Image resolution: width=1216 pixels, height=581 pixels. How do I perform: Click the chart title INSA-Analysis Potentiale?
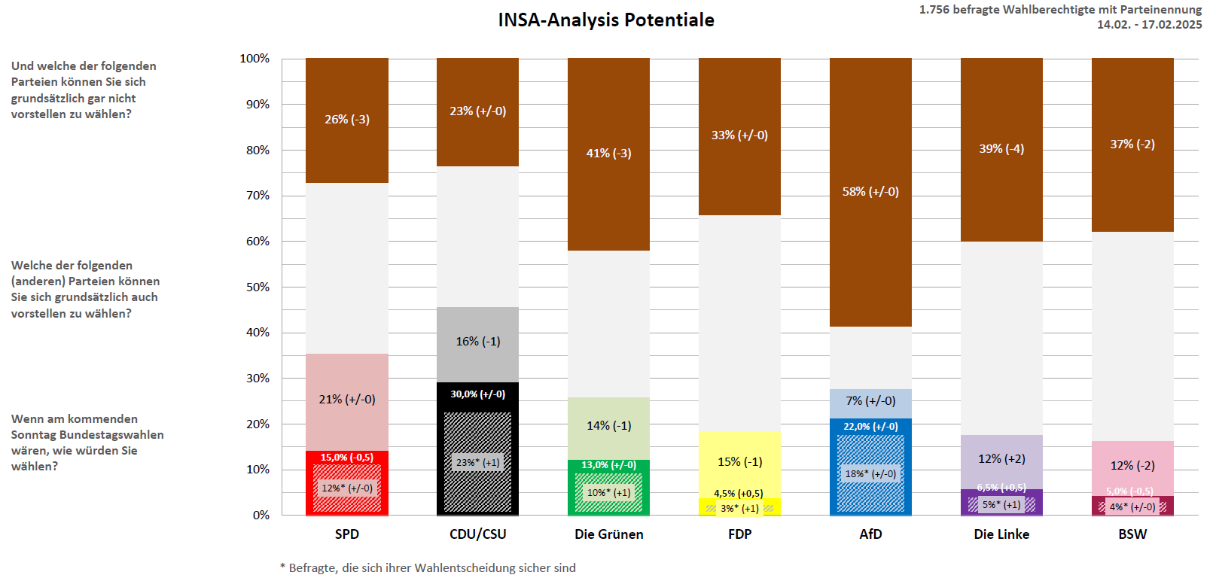[x=606, y=20]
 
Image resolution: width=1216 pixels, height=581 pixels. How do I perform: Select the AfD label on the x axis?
[x=870, y=534]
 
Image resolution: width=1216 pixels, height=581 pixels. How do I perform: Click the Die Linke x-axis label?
[x=1001, y=534]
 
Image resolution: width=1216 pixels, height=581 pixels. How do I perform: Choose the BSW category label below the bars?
[x=1132, y=534]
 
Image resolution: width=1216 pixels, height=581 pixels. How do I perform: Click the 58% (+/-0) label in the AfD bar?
[x=870, y=192]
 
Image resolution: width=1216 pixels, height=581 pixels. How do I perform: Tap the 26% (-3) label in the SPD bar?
[x=347, y=120]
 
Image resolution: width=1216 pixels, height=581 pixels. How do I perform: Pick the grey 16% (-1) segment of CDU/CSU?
[x=478, y=342]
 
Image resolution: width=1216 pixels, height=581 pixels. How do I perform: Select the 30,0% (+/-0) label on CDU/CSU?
[x=478, y=394]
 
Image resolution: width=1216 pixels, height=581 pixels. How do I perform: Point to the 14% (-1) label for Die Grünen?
[x=609, y=426]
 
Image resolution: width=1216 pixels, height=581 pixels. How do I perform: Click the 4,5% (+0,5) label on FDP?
[x=739, y=494]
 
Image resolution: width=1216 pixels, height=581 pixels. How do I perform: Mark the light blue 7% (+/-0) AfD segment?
[x=870, y=401]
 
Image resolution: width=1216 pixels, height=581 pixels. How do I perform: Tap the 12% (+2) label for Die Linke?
[x=1001, y=459]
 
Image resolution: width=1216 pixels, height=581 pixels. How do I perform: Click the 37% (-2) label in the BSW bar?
[x=1132, y=144]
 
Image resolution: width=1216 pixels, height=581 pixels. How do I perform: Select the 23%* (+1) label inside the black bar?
[x=478, y=463]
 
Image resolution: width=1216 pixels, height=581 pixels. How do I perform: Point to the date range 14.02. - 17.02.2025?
[x=1149, y=25]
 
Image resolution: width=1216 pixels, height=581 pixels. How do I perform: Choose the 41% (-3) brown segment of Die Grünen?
[x=609, y=154]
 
